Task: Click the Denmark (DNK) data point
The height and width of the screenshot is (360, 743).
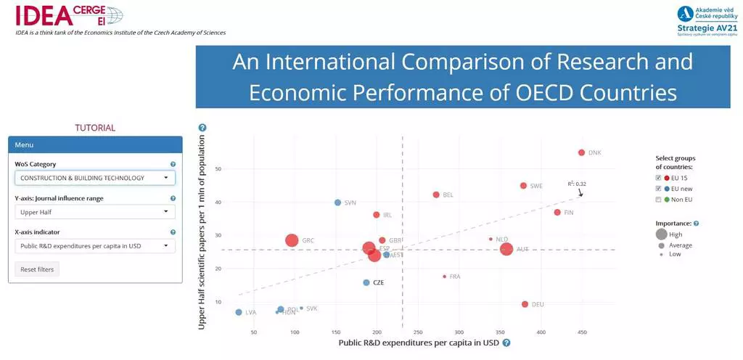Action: point(581,152)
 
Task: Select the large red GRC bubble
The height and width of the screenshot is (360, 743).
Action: point(292,240)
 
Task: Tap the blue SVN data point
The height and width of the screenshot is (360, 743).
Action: point(337,202)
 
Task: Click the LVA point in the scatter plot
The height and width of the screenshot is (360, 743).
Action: point(239,312)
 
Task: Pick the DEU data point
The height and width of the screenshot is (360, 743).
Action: point(525,304)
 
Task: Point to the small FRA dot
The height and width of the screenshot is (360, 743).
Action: point(444,277)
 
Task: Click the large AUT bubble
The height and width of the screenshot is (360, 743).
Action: point(506,249)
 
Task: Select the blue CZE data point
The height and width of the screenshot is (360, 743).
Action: point(366,282)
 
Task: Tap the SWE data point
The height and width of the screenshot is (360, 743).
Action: point(523,186)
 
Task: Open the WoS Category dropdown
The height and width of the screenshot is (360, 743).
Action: point(95,178)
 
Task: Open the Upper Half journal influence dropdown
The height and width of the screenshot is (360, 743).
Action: point(95,212)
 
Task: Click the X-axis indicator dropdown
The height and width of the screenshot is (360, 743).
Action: point(95,246)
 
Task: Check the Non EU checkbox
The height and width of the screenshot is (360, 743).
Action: point(658,199)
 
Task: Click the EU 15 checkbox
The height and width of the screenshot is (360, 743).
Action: point(658,178)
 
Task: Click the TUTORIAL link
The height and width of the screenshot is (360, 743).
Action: point(95,128)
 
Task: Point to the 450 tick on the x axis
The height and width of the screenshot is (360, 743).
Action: point(581,332)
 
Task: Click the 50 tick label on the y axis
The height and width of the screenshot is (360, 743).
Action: point(218,169)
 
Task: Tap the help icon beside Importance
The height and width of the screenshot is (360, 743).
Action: point(697,224)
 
